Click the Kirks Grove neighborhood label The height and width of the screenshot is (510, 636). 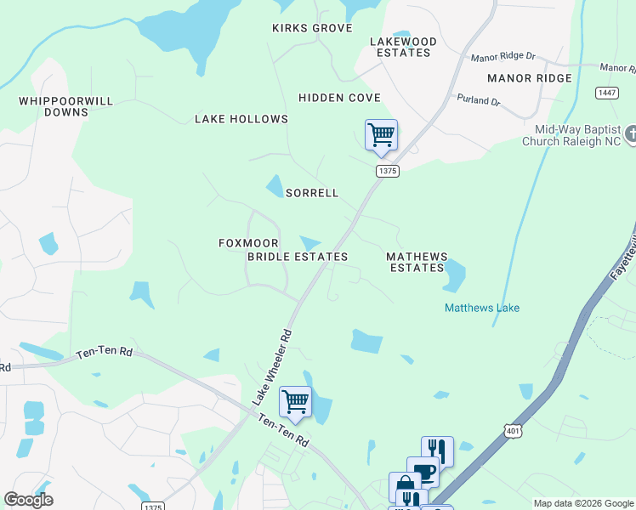(x=312, y=28)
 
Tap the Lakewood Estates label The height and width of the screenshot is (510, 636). (x=403, y=47)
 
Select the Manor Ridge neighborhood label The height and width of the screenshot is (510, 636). (x=530, y=78)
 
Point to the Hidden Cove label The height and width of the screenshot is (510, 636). (x=339, y=98)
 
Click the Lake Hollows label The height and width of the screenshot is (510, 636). (x=241, y=119)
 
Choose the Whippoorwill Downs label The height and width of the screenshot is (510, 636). (x=66, y=106)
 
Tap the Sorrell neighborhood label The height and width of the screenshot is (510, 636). (x=312, y=193)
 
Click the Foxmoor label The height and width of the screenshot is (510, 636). (x=249, y=243)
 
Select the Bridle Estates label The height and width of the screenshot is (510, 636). (x=298, y=256)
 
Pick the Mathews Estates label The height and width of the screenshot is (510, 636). (x=417, y=262)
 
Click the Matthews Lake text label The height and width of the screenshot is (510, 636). (x=482, y=308)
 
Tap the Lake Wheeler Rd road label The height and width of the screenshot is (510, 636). (x=272, y=365)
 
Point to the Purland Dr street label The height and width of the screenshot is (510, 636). (x=479, y=100)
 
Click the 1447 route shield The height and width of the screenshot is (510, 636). (x=607, y=93)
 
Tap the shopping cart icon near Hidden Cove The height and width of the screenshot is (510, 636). (x=381, y=134)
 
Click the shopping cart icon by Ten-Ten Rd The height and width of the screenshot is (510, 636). (x=295, y=401)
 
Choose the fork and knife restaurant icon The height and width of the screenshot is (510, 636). (x=437, y=450)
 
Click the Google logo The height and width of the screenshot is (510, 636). (x=28, y=500)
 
